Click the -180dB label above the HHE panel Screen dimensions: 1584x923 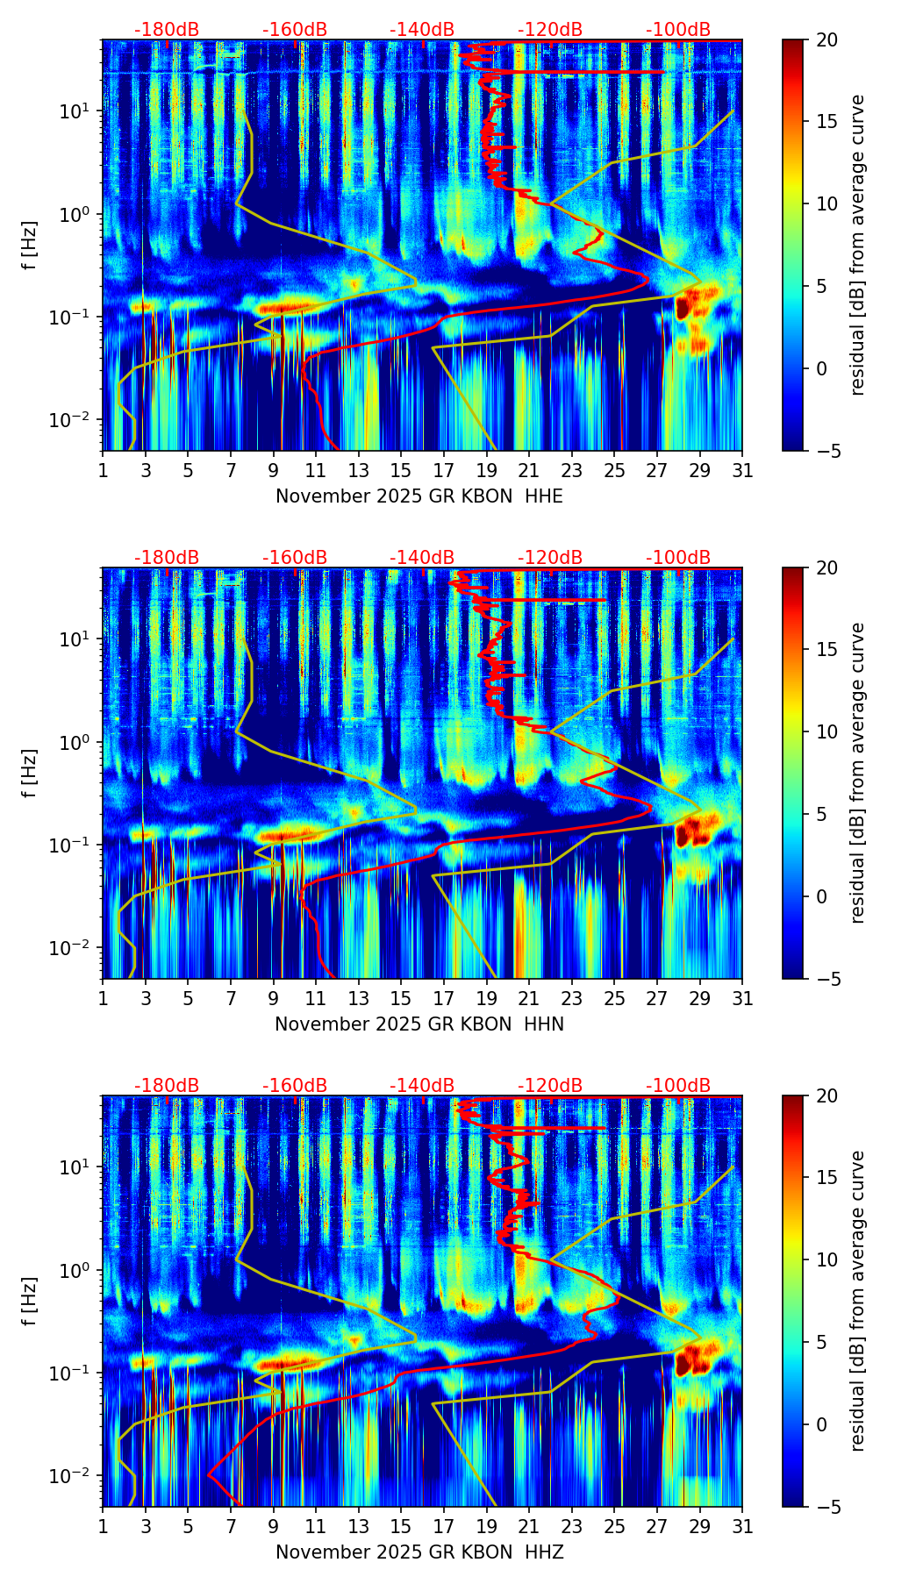click(x=167, y=30)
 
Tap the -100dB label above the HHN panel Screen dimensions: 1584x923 click(x=678, y=558)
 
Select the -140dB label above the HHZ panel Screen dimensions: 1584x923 click(x=422, y=1086)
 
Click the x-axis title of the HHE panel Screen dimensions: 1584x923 click(x=419, y=496)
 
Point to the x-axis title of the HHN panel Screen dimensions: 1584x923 click(x=419, y=1024)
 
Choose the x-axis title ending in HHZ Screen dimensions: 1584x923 click(x=419, y=1552)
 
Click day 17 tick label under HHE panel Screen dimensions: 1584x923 click(x=444, y=471)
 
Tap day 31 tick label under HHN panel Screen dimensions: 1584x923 click(x=742, y=999)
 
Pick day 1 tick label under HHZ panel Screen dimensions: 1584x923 click(x=104, y=1527)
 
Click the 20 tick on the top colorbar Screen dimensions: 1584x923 click(x=827, y=40)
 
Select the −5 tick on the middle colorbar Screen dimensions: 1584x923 click(x=827, y=979)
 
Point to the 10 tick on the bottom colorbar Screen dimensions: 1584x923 click(x=827, y=1259)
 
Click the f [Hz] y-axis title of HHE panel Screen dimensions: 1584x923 click(x=31, y=246)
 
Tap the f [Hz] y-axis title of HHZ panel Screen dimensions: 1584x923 click(x=31, y=1302)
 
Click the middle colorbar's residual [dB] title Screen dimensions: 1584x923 click(x=858, y=773)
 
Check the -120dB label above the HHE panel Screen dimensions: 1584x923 click(x=550, y=30)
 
